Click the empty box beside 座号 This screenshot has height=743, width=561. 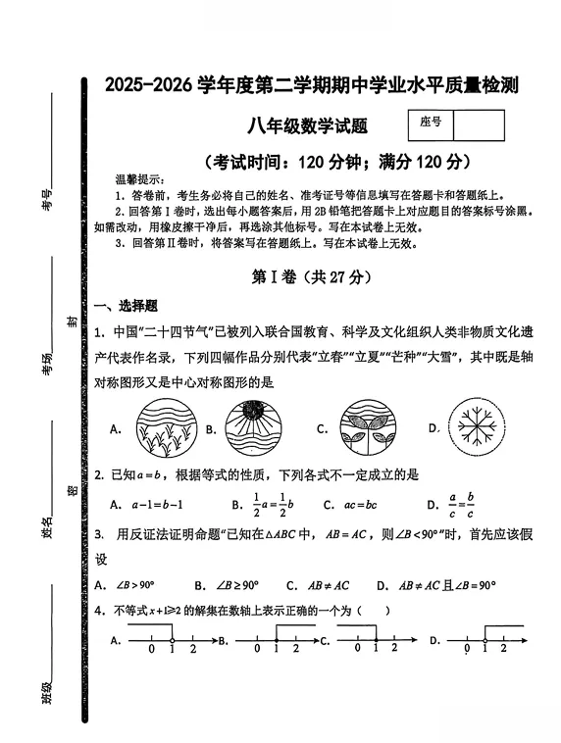pos(480,124)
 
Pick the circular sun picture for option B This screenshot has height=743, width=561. pos(257,427)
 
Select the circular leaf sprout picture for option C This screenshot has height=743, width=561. pos(368,427)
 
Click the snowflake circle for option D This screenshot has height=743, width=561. pos(480,427)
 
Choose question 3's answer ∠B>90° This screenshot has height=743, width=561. pos(136,585)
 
